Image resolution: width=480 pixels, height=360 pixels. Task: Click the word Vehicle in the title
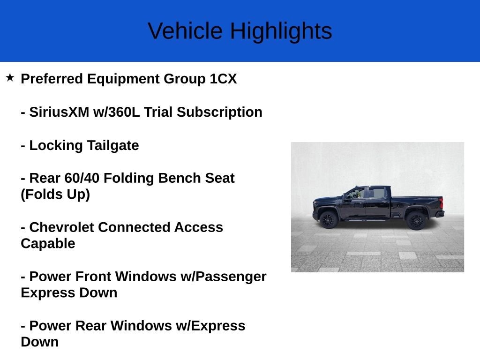(x=185, y=31)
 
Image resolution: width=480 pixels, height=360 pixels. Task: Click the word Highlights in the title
(x=281, y=31)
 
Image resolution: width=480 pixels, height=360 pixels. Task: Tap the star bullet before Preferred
(x=10, y=77)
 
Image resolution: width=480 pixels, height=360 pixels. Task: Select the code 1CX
(x=223, y=79)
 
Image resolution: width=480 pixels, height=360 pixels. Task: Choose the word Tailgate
(x=113, y=146)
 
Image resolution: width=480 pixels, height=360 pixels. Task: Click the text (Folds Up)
(x=55, y=195)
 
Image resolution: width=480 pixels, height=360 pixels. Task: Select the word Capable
(x=48, y=244)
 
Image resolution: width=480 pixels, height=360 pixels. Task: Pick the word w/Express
(x=210, y=326)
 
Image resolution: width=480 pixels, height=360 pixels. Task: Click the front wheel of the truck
(x=329, y=219)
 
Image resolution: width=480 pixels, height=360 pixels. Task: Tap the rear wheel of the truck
(x=416, y=220)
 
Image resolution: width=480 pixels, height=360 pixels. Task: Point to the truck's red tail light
(x=441, y=203)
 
